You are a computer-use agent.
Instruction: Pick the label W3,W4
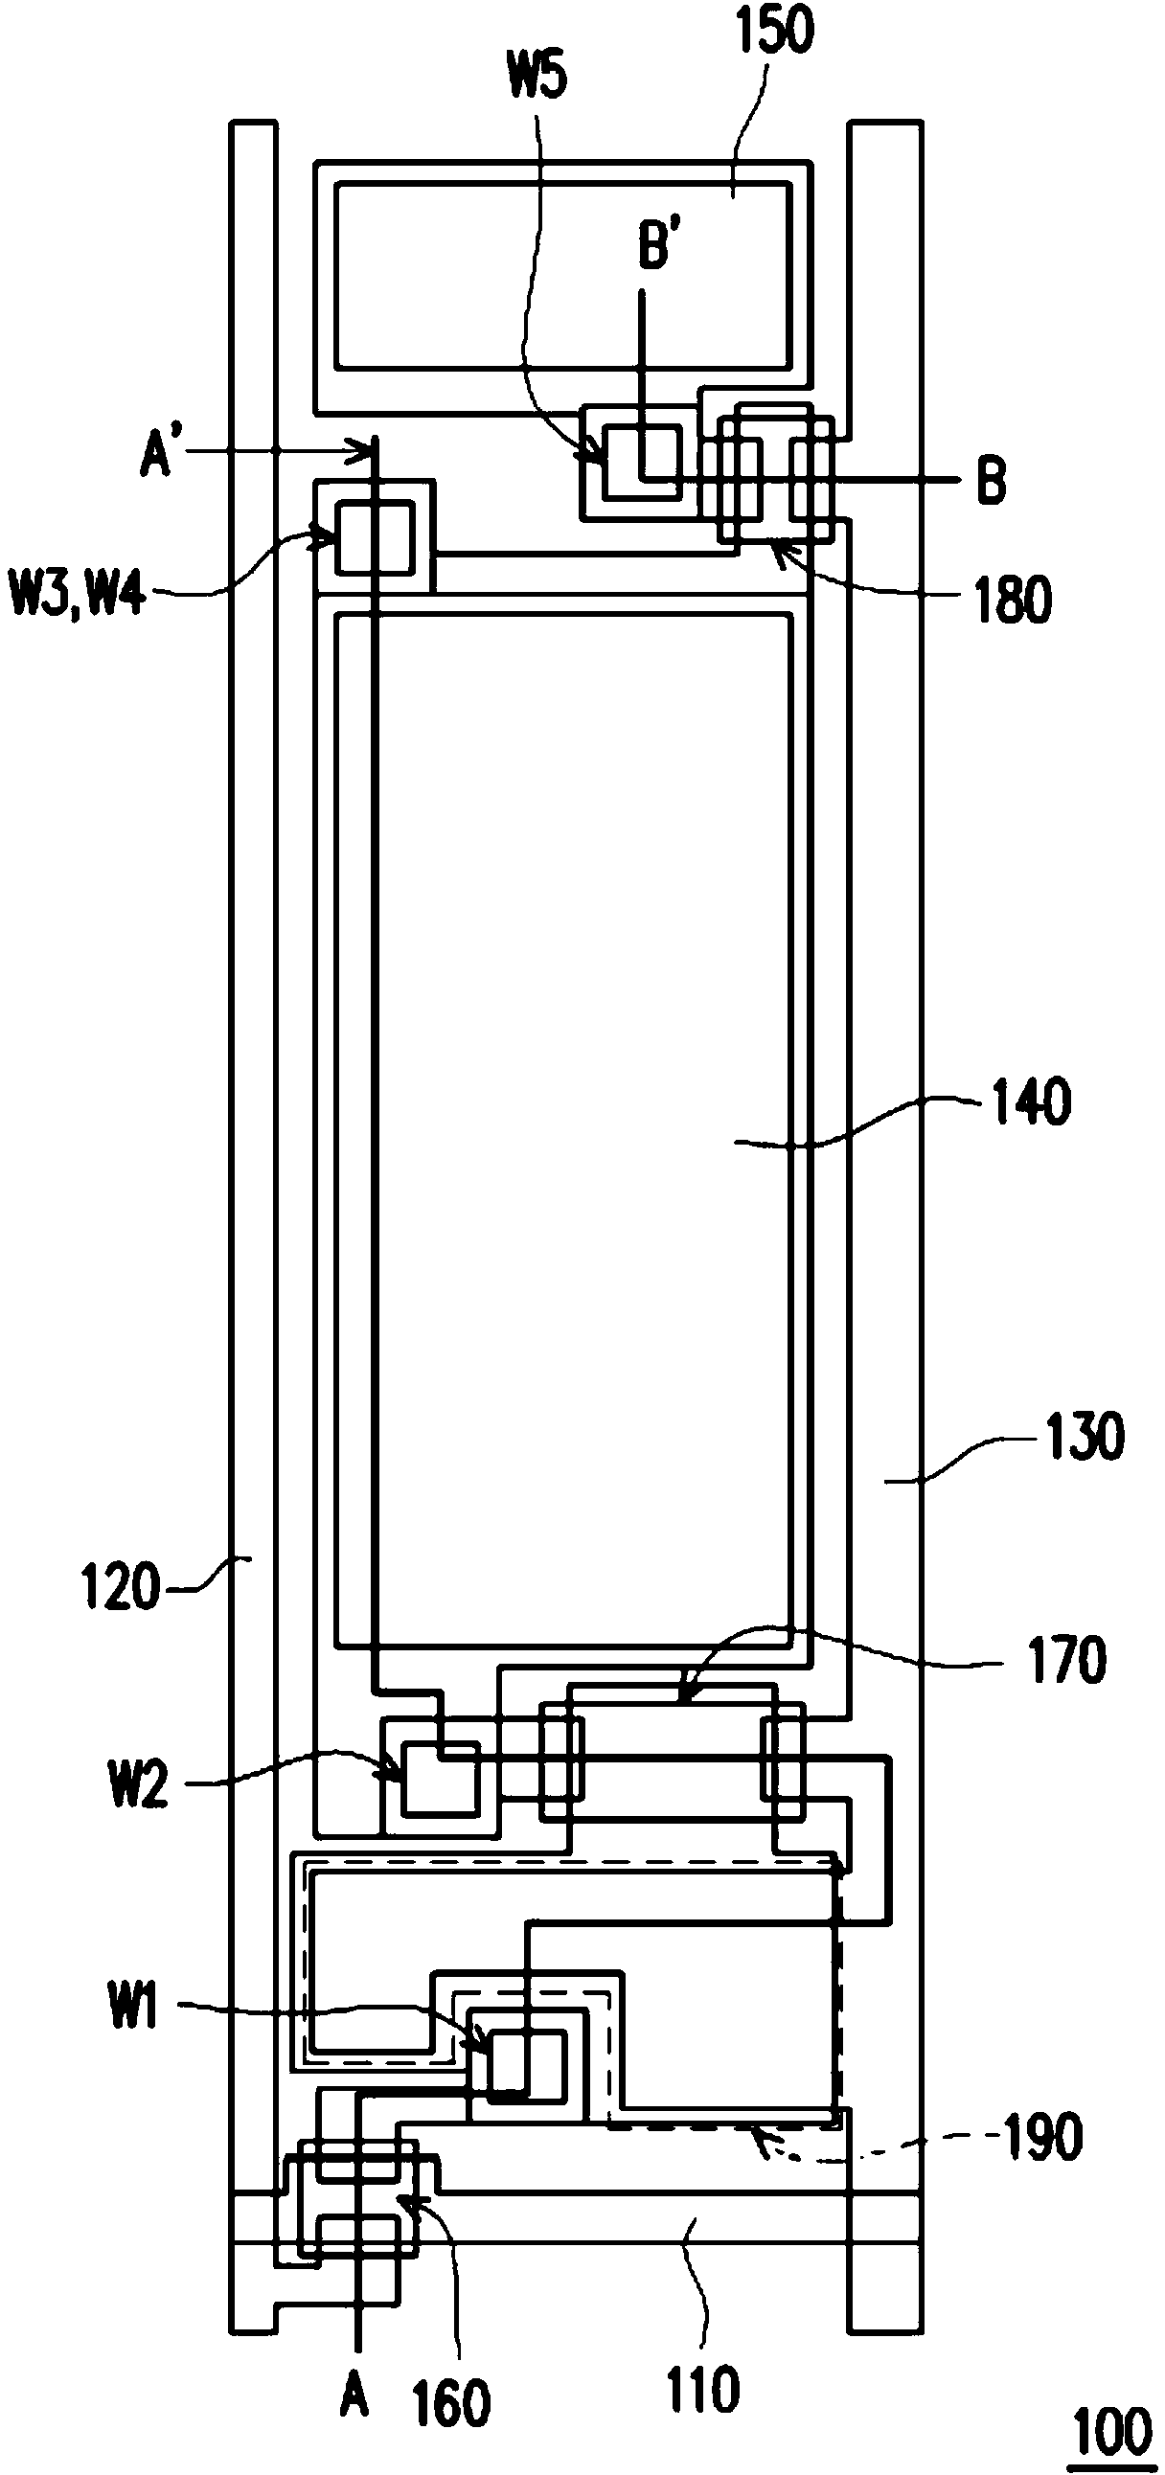click(x=78, y=595)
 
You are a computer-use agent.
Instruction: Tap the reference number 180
click(x=1013, y=601)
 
